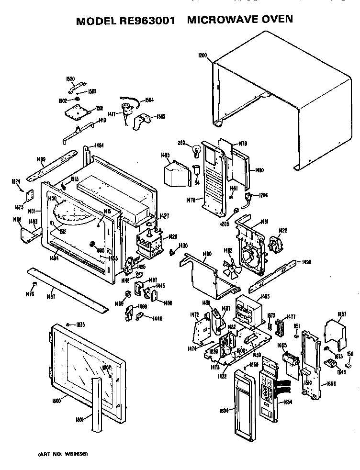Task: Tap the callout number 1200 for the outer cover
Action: pyautogui.click(x=202, y=56)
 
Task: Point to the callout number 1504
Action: pyautogui.click(x=149, y=100)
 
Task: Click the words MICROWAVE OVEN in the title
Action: pyautogui.click(x=239, y=20)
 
